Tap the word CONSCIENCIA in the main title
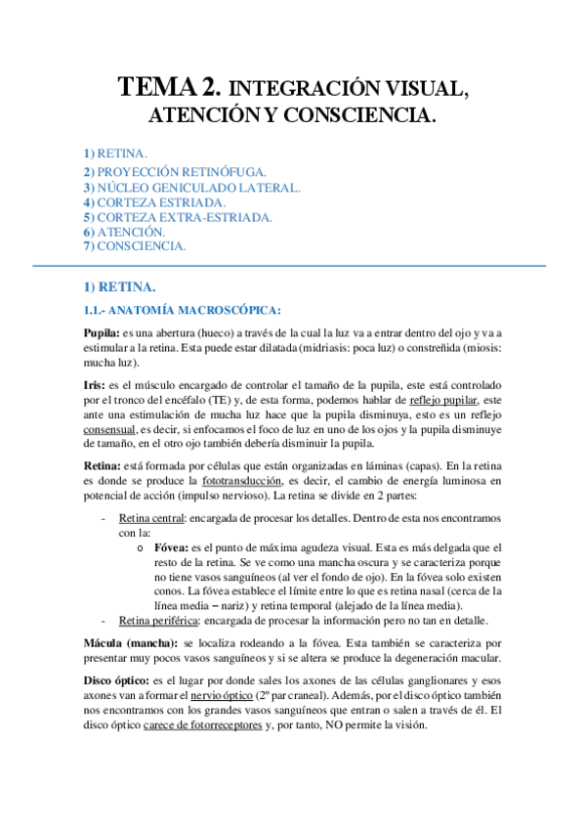coord(359,115)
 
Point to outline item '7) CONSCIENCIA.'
coord(135,246)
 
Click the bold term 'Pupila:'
coord(102,333)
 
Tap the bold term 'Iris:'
coord(95,386)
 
